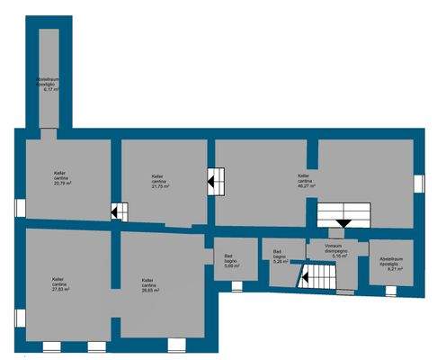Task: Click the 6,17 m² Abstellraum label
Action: tap(48, 85)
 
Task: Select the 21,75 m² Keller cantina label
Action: tap(161, 180)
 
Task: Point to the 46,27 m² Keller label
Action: tap(306, 182)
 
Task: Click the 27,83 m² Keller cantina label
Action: tap(61, 283)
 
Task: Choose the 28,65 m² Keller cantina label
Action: tap(150, 286)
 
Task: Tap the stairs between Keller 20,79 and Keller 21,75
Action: tap(119, 212)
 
